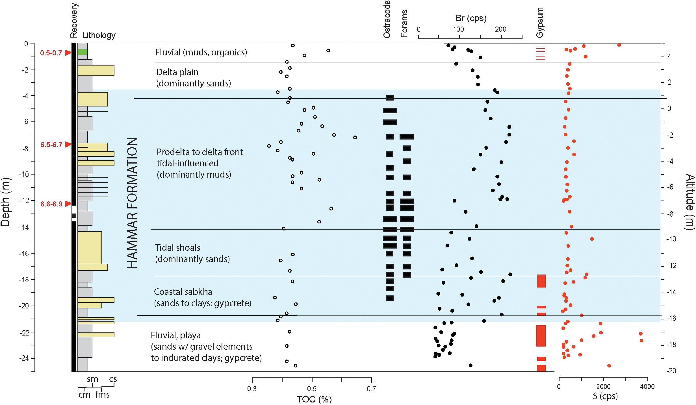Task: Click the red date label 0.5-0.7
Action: point(51,53)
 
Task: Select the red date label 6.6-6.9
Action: point(51,204)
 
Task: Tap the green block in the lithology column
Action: point(83,52)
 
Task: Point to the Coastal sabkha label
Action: point(183,292)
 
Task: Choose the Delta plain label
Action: point(177,72)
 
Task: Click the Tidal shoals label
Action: point(177,248)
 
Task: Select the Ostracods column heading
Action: point(387,19)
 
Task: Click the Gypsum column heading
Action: point(540,23)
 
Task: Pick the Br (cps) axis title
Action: point(471,18)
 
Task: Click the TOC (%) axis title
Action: point(314,399)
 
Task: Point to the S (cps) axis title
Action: point(605,396)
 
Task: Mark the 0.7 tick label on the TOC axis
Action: point(371,389)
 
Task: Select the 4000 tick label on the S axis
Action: point(647,387)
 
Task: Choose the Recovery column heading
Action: point(74,20)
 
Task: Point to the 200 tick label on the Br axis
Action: point(500,29)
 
